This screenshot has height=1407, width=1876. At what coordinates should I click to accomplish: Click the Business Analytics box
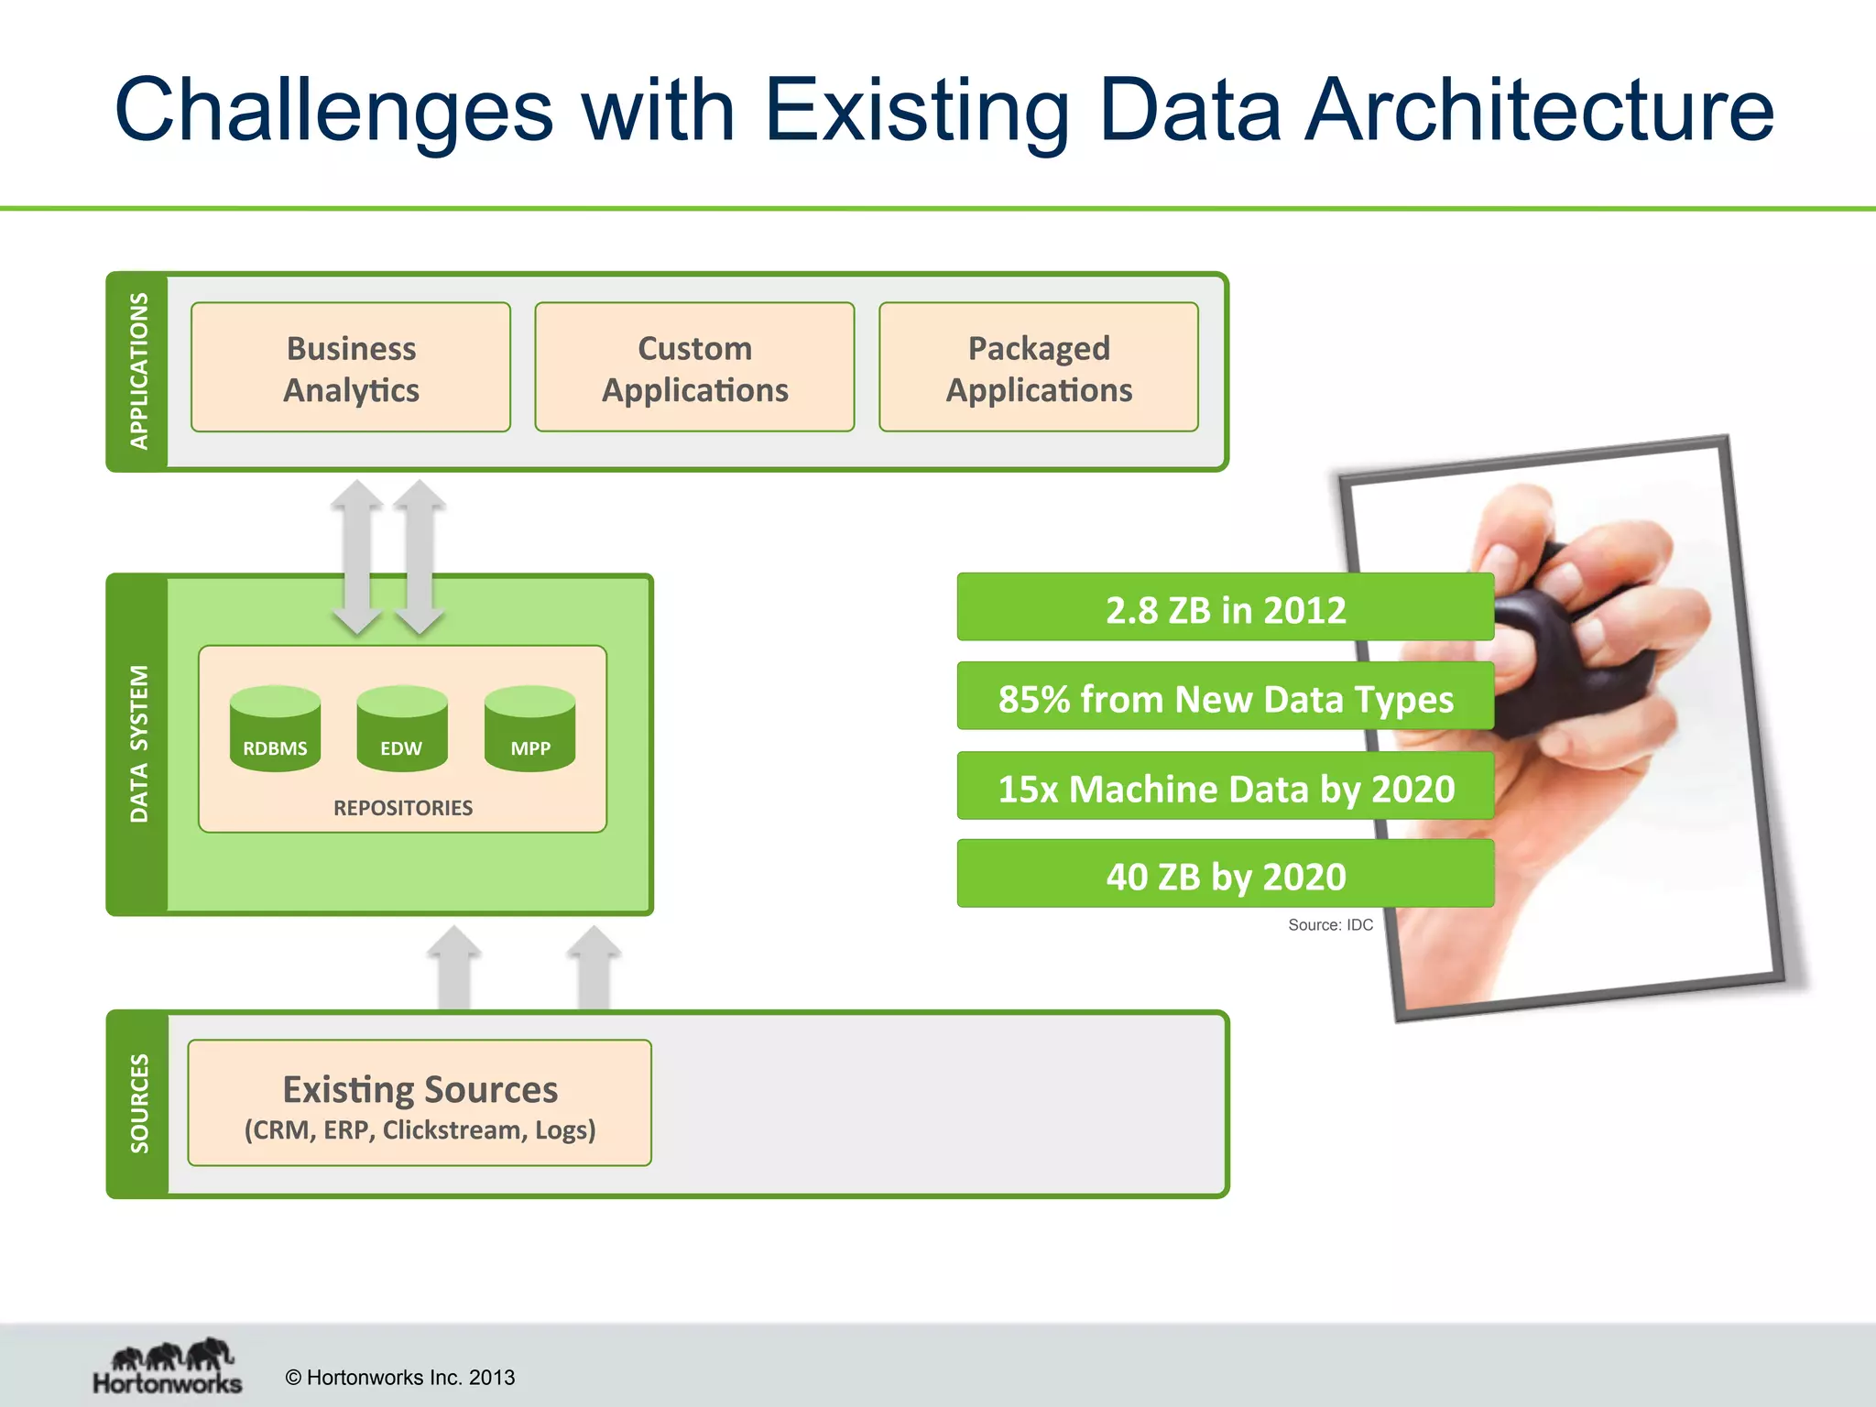(x=351, y=367)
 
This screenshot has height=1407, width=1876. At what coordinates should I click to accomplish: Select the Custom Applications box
(x=694, y=367)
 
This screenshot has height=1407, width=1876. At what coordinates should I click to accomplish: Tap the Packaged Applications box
(x=1039, y=367)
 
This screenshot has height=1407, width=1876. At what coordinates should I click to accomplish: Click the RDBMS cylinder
(x=275, y=729)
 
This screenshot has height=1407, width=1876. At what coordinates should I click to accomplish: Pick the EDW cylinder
(x=402, y=729)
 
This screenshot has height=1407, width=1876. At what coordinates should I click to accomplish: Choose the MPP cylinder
(x=529, y=729)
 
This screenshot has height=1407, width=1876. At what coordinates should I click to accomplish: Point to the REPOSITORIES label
(x=403, y=808)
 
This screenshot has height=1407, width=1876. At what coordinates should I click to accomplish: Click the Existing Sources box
(x=420, y=1103)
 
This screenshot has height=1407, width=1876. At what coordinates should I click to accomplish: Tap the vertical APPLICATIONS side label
(x=138, y=371)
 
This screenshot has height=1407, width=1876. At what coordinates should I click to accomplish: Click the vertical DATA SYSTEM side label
(x=138, y=744)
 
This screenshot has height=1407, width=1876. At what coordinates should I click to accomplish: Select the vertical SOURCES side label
(x=138, y=1104)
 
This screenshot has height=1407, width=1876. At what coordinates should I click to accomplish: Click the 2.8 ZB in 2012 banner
(x=1225, y=608)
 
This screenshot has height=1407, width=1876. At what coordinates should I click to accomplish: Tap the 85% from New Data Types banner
(x=1225, y=698)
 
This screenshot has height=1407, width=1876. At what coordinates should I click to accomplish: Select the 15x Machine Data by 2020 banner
(x=1225, y=788)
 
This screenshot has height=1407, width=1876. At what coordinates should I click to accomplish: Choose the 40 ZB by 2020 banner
(x=1225, y=876)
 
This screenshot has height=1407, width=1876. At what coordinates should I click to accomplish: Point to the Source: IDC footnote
(x=1330, y=925)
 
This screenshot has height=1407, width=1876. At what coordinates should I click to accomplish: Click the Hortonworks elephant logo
(x=169, y=1366)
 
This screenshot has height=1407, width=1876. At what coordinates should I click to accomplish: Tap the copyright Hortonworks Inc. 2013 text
(x=400, y=1378)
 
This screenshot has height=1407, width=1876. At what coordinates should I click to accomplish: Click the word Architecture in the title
(x=1539, y=110)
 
